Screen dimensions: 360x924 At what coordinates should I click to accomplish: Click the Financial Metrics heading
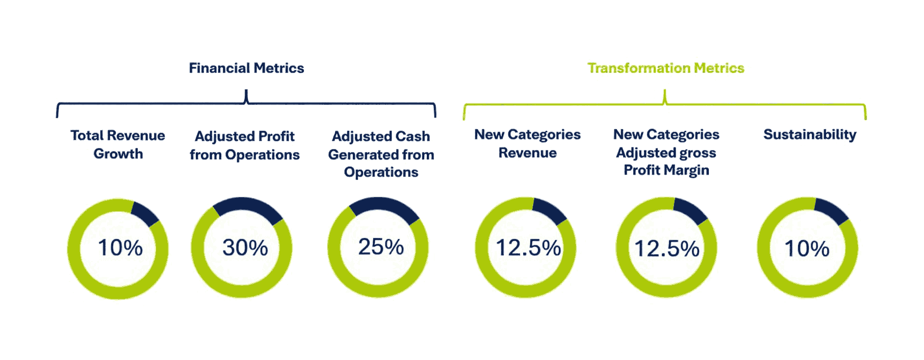[246, 68]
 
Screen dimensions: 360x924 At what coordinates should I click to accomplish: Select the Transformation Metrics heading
[665, 68]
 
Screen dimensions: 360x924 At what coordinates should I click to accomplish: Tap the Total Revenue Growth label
[118, 144]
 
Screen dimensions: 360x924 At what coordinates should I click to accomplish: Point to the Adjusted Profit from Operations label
[245, 145]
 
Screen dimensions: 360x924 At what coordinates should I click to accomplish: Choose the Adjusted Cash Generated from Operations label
[381, 154]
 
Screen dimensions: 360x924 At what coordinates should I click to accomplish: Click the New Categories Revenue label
[527, 143]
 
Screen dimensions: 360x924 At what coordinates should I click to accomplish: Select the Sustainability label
[810, 135]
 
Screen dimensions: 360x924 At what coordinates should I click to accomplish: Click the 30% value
[245, 248]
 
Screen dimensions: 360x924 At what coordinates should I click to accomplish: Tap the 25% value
[381, 247]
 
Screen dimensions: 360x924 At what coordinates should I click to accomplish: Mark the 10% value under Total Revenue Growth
[120, 248]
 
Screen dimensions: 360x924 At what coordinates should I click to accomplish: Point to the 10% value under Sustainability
[807, 249]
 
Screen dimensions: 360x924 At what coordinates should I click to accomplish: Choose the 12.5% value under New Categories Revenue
[528, 248]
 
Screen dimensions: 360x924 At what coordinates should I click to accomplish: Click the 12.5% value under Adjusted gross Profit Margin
[666, 249]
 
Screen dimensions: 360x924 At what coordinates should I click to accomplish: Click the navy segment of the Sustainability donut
[831, 211]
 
